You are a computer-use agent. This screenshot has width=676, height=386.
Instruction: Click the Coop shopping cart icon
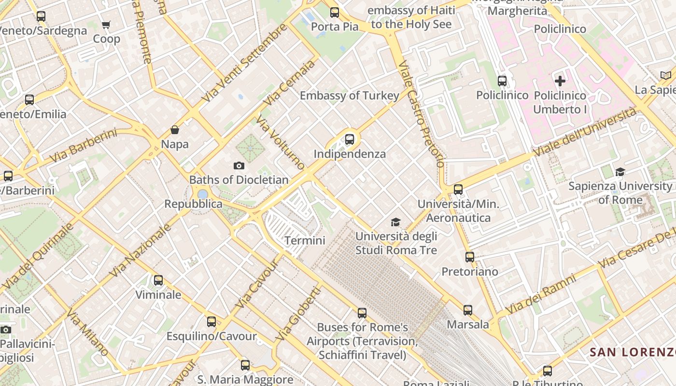(x=106, y=25)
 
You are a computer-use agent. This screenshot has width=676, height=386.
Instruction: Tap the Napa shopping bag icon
(x=175, y=130)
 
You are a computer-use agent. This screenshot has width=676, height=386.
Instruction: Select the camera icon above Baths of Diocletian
(x=239, y=166)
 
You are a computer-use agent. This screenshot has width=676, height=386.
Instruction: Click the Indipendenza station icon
(x=350, y=140)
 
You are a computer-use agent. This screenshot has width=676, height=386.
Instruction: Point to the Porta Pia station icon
(x=334, y=13)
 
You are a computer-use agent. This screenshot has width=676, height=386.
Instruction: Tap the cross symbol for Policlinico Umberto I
(x=560, y=81)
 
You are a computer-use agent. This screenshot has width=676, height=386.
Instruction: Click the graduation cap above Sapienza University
(x=620, y=172)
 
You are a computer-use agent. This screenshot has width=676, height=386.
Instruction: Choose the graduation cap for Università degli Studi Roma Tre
(x=396, y=222)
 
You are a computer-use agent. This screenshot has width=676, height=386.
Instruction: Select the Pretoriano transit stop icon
(x=470, y=257)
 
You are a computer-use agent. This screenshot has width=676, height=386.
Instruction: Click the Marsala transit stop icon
(x=467, y=310)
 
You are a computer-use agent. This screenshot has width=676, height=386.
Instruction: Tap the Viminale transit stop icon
(x=158, y=280)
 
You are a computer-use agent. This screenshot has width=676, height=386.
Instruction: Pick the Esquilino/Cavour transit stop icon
(x=211, y=322)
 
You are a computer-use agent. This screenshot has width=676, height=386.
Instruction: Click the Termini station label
(x=305, y=240)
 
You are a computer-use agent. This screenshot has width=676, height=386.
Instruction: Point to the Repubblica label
(x=193, y=204)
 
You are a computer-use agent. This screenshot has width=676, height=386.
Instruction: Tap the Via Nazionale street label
(x=140, y=250)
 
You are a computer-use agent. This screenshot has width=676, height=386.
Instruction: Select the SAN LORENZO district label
(x=633, y=352)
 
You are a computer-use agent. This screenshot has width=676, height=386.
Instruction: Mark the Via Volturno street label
(x=281, y=142)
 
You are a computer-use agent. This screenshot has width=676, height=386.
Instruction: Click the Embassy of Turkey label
(x=350, y=96)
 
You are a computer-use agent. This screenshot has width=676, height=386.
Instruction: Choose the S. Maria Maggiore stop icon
(x=245, y=365)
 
